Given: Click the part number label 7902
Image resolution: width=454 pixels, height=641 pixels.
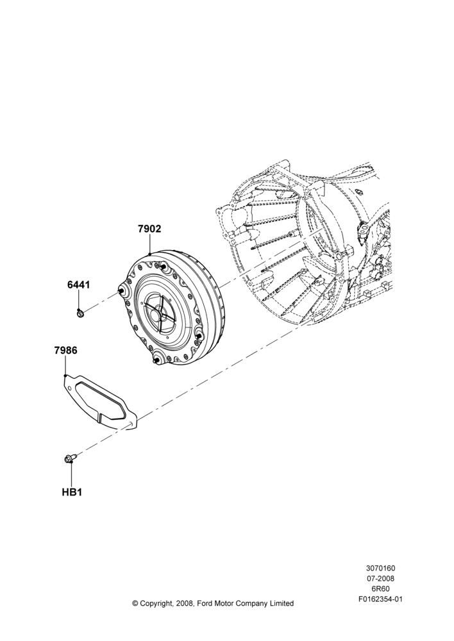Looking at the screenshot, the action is (149, 229).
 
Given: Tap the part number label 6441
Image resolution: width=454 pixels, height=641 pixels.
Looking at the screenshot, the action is (78, 285).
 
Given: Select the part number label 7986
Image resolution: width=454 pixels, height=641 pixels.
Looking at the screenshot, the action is (65, 351).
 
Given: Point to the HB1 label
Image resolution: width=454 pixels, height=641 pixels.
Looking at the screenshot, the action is (72, 492).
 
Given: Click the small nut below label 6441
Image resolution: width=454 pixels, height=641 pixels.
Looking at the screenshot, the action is (80, 313).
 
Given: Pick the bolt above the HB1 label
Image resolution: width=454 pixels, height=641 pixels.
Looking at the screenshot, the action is (69, 460).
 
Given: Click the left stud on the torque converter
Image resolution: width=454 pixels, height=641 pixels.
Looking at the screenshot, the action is (122, 290).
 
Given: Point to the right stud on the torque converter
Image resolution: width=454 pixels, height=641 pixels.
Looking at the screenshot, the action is (199, 336).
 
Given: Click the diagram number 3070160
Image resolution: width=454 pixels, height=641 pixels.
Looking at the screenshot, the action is (380, 568).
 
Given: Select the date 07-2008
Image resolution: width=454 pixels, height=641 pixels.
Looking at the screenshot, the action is (380, 578).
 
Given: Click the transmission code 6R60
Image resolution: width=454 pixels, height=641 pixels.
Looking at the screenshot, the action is (380, 589).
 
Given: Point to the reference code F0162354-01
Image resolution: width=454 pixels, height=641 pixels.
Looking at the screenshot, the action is (380, 599).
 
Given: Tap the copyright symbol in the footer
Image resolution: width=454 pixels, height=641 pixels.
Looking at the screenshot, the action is (135, 603).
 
